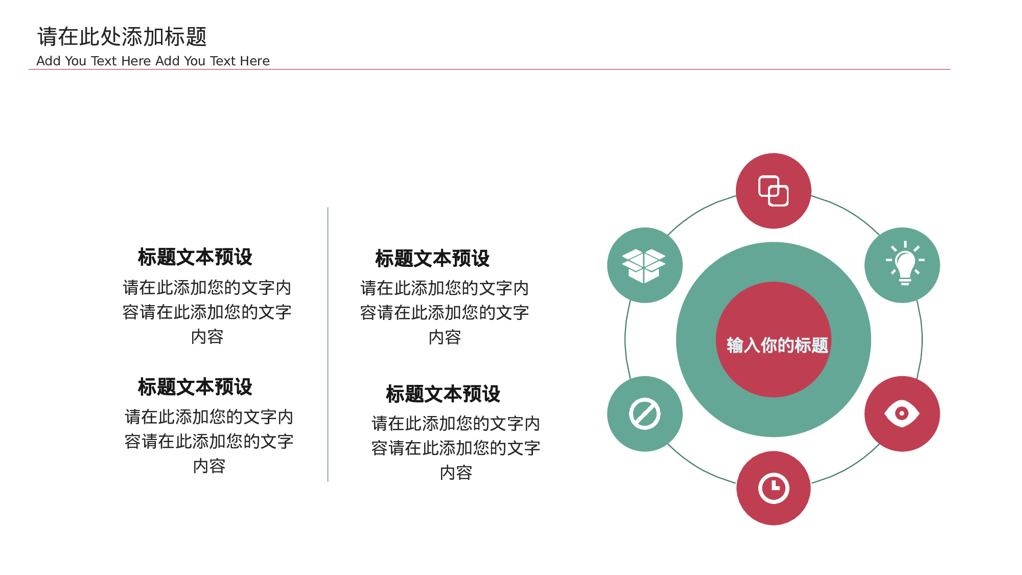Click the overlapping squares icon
coord(773,191)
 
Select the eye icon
coord(902,413)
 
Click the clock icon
coord(774,488)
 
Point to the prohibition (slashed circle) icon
coord(645,413)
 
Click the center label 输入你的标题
coord(777,345)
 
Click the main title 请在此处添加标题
coord(122,37)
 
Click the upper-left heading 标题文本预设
coord(195,257)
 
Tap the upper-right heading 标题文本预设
coord(432,259)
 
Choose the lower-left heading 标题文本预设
coord(195,387)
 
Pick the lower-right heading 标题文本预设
coord(443,394)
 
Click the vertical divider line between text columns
coord(328,344)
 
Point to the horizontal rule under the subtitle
coord(490,69)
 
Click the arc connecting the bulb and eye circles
coord(922,339)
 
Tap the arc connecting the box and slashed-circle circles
coord(625,339)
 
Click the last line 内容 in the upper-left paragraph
coord(207,337)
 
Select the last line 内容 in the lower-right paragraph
coord(456,473)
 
